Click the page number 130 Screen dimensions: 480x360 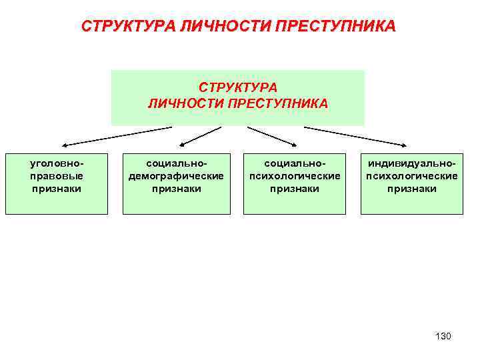click(x=443, y=336)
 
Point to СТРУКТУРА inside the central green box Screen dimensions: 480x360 click(x=238, y=87)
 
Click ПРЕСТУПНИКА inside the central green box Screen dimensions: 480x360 click(x=278, y=103)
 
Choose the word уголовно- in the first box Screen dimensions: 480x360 click(x=57, y=163)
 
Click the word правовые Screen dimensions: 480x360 click(x=57, y=175)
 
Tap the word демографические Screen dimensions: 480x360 click(x=176, y=175)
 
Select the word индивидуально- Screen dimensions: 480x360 click(x=411, y=163)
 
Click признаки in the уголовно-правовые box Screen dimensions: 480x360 click(x=57, y=189)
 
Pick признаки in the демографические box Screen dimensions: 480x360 click(x=176, y=189)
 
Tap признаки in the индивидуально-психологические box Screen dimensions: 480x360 click(x=411, y=189)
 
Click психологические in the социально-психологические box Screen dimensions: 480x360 click(x=294, y=175)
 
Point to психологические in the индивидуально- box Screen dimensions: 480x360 click(x=411, y=175)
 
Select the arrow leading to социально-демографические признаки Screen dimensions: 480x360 click(x=201, y=135)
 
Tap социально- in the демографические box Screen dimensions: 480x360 click(x=176, y=163)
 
